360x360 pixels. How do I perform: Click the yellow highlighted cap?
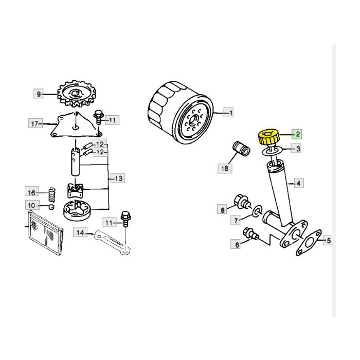[268, 137]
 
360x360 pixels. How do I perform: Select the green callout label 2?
[297, 134]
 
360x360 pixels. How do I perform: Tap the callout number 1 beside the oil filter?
[229, 113]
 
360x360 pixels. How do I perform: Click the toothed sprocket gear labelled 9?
[77, 94]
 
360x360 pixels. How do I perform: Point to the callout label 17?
[35, 124]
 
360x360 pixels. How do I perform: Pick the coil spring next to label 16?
[52, 194]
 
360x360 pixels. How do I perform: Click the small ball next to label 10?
[51, 207]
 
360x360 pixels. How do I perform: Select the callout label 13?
[118, 178]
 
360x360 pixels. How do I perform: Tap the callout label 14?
[80, 232]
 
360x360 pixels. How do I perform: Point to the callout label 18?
[225, 168]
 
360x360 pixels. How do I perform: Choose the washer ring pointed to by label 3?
[272, 152]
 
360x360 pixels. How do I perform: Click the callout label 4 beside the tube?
[299, 183]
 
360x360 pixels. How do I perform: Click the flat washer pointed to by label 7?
[257, 210]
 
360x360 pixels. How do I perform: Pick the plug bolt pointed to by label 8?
[242, 202]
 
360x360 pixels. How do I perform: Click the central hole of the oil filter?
[193, 120]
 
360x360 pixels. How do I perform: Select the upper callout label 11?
[112, 120]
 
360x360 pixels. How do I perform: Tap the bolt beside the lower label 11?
[125, 219]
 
